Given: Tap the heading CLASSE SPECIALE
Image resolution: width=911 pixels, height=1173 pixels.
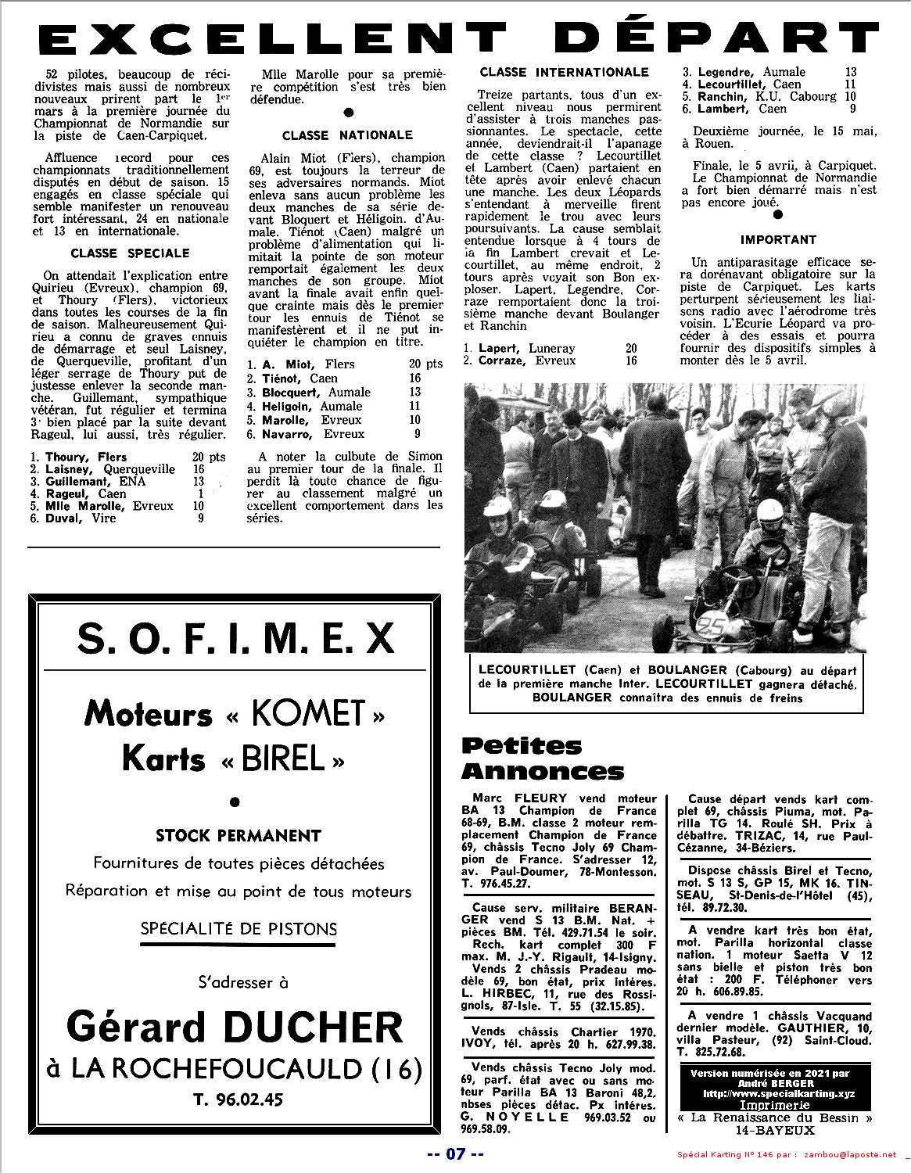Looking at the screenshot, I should point(130,253).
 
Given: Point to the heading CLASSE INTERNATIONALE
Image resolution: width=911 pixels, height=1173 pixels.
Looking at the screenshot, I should point(564,72).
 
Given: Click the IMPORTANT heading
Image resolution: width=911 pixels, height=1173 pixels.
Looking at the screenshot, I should point(778,240).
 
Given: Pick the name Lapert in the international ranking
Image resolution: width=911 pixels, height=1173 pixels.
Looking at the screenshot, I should point(499,348).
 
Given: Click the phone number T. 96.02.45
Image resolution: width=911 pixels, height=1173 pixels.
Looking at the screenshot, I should point(238,1099).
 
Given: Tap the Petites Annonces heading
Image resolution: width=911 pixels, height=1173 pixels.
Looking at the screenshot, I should point(543,758).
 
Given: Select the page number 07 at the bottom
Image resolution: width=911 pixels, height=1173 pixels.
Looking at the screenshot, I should point(456,1154).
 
